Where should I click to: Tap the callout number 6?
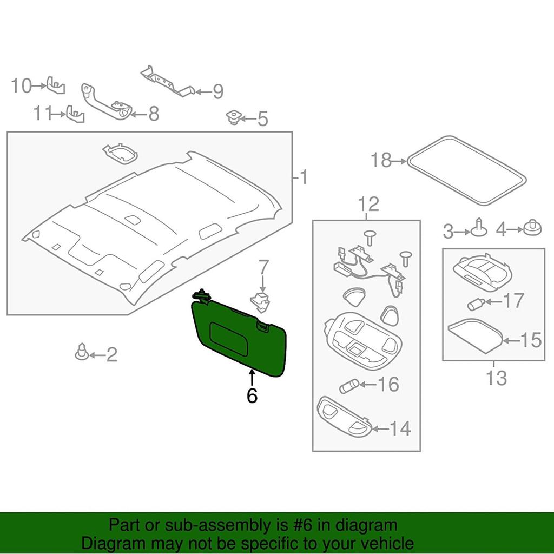252,396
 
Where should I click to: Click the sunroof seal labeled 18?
466,170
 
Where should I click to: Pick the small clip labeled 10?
56,85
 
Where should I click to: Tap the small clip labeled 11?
75,114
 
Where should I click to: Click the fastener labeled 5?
234,117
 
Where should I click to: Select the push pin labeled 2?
82,352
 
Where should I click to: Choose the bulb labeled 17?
474,304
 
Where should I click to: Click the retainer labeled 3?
479,228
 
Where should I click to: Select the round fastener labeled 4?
532,228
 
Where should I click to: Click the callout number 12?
367,205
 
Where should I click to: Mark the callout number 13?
496,377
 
